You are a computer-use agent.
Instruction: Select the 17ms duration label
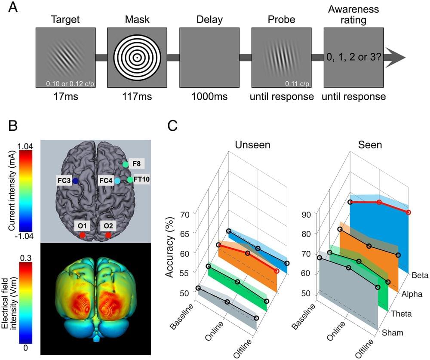coord(65,97)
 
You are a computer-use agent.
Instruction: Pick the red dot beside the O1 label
coord(82,235)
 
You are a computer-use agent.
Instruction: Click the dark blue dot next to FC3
coord(75,181)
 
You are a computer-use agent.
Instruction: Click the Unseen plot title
coord(252,145)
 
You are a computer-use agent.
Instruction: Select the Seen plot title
coord(370,145)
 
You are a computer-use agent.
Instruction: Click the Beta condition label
coord(420,275)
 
